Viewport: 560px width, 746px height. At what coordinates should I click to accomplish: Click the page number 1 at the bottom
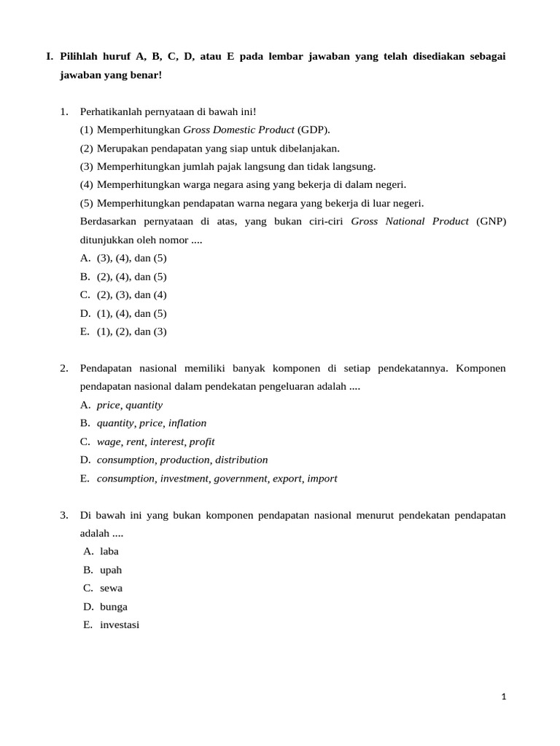[503, 696]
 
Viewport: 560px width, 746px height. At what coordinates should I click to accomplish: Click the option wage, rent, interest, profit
[155, 441]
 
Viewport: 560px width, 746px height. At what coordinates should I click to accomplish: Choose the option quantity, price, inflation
[151, 423]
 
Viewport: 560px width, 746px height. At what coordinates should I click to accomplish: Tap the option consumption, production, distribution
[182, 460]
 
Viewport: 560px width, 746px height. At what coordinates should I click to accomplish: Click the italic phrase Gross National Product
[410, 221]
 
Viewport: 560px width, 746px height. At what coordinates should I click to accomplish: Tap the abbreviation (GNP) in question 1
[491, 221]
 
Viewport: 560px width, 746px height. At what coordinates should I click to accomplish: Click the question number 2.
[64, 368]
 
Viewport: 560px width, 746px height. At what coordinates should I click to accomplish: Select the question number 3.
[64, 515]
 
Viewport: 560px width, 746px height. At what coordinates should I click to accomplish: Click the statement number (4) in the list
[87, 184]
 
